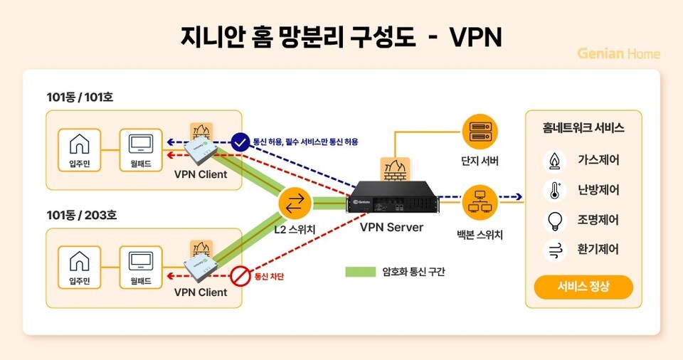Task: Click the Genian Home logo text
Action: [x=618, y=53]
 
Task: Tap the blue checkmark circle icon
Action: [x=240, y=141]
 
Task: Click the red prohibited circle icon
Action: [x=240, y=276]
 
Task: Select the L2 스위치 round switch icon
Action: [x=294, y=203]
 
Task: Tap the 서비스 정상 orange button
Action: [x=583, y=287]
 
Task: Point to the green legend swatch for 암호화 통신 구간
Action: [x=360, y=272]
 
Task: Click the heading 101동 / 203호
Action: [x=80, y=215]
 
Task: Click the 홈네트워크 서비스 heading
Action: [x=583, y=128]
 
